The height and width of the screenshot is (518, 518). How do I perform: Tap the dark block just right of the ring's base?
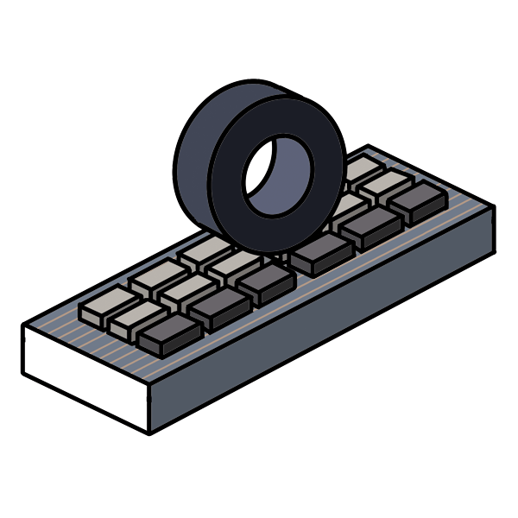click(321, 252)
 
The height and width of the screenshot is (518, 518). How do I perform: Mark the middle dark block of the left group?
click(218, 306)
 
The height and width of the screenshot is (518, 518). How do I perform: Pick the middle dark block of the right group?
click(370, 226)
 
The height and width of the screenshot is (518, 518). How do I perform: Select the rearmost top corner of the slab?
click(369, 146)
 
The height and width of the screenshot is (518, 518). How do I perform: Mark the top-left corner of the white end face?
click(23, 326)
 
